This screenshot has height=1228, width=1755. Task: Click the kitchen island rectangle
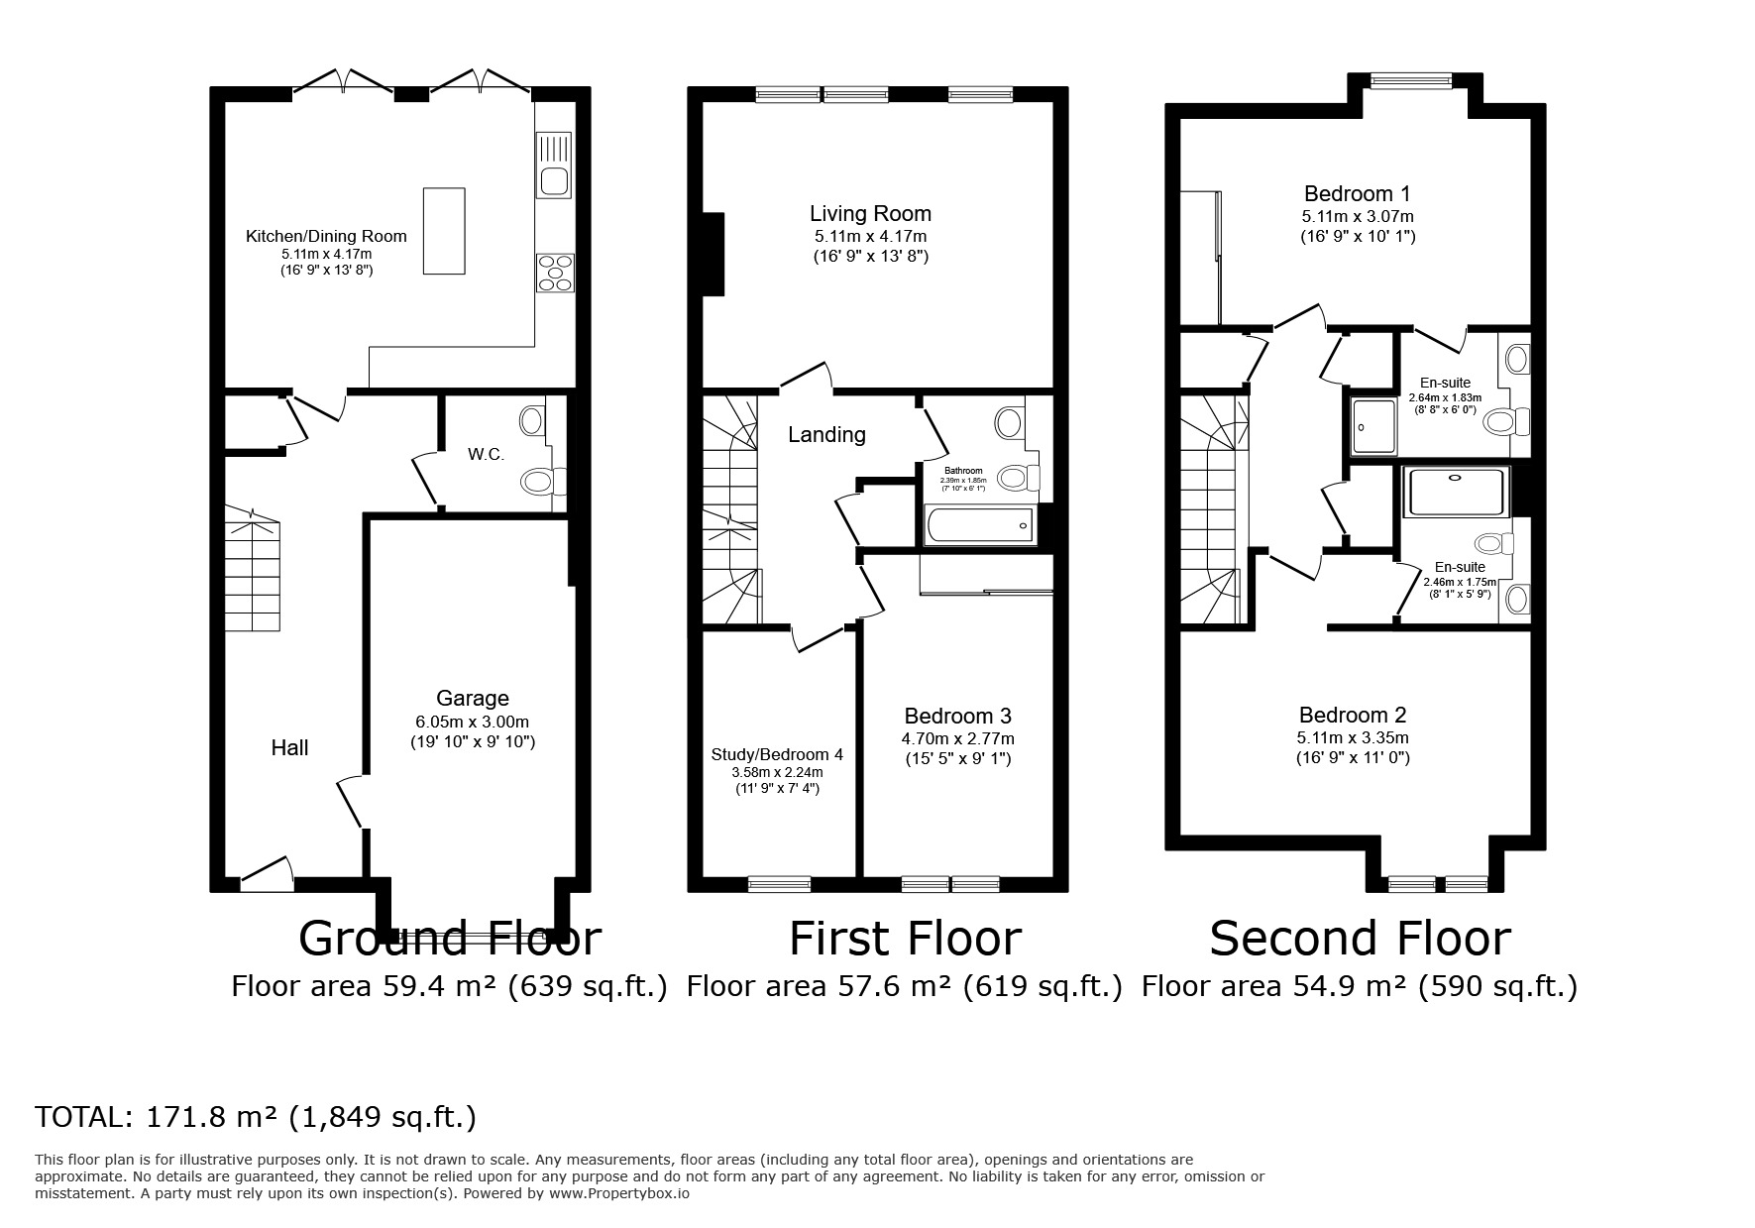pyautogui.click(x=444, y=230)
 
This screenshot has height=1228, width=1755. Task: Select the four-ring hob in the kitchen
pyautogui.click(x=555, y=273)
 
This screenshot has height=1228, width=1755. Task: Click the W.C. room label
pyautogui.click(x=486, y=455)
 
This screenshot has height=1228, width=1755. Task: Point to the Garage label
pyautogui.click(x=473, y=699)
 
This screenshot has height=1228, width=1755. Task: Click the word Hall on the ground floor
pyautogui.click(x=289, y=748)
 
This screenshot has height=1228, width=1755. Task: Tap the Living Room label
pyautogui.click(x=870, y=213)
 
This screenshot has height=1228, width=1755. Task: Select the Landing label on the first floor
pyautogui.click(x=826, y=434)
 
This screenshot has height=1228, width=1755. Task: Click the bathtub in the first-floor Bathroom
pyautogui.click(x=979, y=525)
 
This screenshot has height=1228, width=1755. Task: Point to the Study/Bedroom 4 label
pyautogui.click(x=777, y=754)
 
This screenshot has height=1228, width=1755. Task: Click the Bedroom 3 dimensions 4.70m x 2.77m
pyautogui.click(x=957, y=738)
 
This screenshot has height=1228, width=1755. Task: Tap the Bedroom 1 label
pyautogui.click(x=1357, y=193)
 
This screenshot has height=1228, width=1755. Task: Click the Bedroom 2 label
pyautogui.click(x=1353, y=715)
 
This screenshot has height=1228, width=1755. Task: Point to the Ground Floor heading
pyautogui.click(x=449, y=939)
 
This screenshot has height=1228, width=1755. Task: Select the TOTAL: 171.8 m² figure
pyautogui.click(x=256, y=1117)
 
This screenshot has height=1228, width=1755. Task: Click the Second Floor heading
pyautogui.click(x=1360, y=939)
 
